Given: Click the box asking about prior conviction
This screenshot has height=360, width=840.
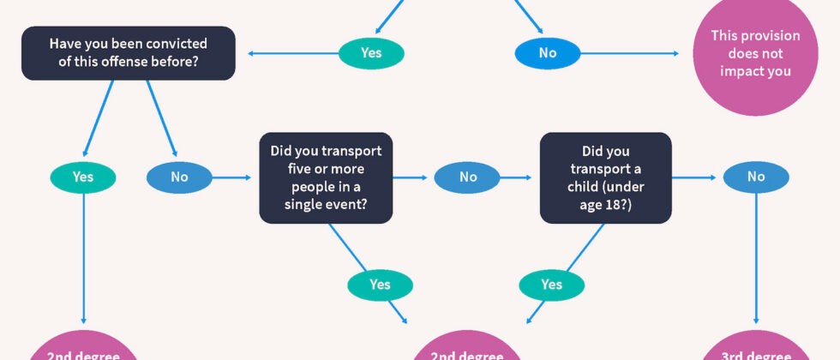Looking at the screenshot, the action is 128,53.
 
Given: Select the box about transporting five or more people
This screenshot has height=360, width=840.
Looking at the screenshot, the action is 326,178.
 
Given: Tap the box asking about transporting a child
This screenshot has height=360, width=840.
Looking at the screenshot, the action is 605,178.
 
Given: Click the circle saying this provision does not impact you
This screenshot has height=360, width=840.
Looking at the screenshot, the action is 755,53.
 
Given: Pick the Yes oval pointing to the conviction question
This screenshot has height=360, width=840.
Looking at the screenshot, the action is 371,53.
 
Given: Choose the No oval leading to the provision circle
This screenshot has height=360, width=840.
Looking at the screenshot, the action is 548,53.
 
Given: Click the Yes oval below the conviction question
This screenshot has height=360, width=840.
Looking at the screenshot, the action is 83,177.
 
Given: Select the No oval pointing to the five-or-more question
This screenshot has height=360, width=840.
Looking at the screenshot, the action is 179,177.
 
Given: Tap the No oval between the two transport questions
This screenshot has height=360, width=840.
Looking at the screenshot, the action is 467,177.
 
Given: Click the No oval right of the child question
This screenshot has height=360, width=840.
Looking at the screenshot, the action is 756,177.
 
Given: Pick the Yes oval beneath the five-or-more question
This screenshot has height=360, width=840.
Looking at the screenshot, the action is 380,285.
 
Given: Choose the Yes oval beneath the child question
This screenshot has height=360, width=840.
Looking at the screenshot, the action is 551,285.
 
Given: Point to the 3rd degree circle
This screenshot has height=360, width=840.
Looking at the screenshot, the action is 756,347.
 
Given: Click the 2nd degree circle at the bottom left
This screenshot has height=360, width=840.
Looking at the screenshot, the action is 83,347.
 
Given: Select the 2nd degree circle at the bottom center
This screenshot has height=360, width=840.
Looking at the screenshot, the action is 467,347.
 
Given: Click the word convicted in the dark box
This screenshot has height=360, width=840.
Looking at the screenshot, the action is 181,44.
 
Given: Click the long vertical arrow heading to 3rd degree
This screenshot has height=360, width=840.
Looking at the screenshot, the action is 756,258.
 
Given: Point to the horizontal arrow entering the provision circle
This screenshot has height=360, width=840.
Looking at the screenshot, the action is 629,53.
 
